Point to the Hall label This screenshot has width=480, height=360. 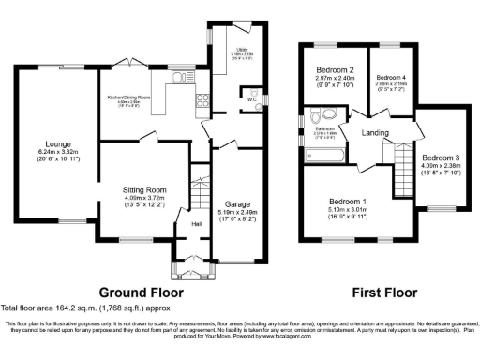[197, 224]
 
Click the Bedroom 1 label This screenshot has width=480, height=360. [347, 202]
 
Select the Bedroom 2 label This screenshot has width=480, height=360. [333, 70]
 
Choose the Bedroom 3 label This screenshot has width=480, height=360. [440, 157]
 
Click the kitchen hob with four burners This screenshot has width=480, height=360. [201, 100]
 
